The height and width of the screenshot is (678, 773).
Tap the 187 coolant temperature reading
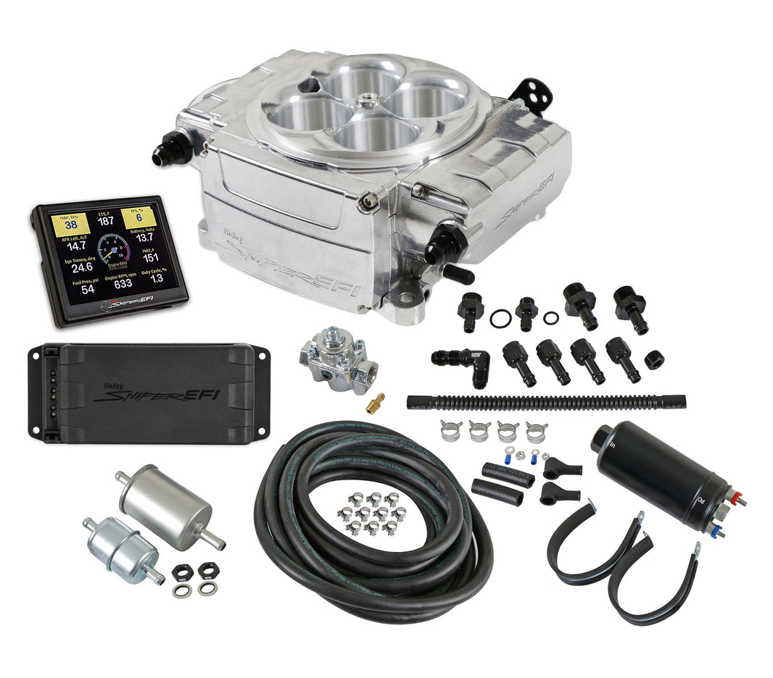coord(107,221)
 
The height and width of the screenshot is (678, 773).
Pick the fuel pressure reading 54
coord(87,289)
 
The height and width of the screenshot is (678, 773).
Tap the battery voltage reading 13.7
coord(145,237)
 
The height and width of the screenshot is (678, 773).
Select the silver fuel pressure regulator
coord(334,358)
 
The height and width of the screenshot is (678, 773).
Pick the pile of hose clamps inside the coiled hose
coord(371,511)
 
